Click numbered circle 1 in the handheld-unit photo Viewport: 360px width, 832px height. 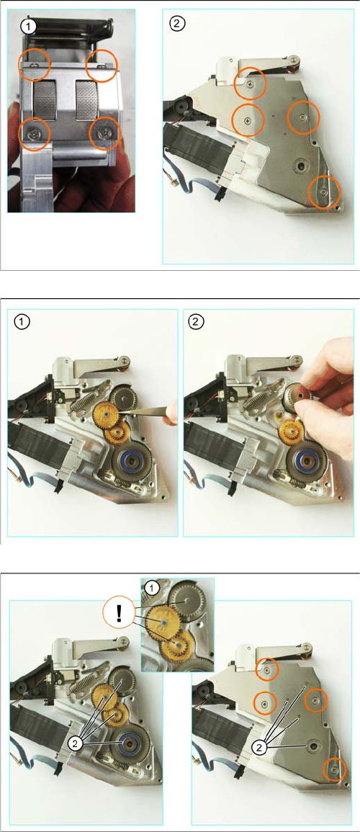(28, 25)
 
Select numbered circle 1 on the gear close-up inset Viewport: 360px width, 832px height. (152, 587)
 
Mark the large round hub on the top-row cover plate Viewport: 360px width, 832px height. (301, 166)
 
